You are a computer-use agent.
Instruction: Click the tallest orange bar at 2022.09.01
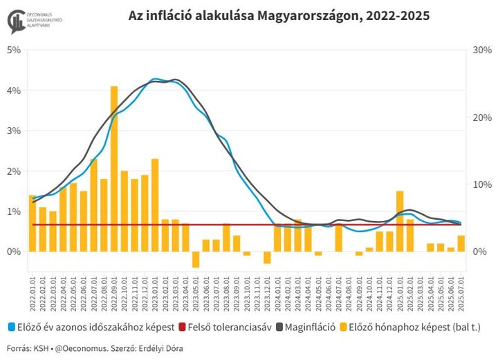coord(114,169)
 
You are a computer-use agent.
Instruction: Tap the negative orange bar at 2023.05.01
coord(196,259)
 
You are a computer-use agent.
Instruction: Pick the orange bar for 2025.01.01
coord(400,221)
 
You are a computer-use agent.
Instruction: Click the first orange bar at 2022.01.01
coord(33,223)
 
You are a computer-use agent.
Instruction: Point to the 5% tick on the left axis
coord(14,50)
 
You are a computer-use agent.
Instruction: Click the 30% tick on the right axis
coord(481,50)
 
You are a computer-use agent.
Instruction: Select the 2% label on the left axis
coord(14,171)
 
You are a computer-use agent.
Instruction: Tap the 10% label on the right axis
coord(481,184)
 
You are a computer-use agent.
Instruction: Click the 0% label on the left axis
coord(14,252)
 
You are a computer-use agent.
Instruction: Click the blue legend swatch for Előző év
coord(11,328)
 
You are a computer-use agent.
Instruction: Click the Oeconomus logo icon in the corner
coord(15,21)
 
